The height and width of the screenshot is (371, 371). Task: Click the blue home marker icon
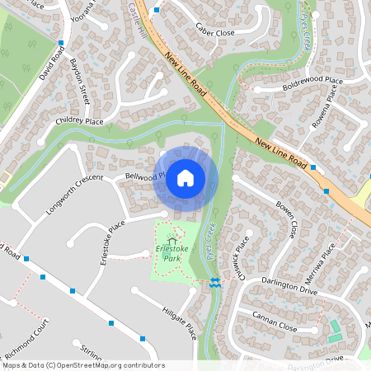[185, 177]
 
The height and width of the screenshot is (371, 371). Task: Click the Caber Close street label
[214, 32]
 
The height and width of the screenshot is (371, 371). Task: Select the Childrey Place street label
[80, 121]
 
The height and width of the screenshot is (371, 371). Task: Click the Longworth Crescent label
[75, 192]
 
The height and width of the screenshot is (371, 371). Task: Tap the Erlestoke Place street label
[112, 239]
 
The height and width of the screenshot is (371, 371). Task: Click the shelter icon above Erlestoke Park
[171, 241]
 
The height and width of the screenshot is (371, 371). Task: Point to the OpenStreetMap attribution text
[82, 365]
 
